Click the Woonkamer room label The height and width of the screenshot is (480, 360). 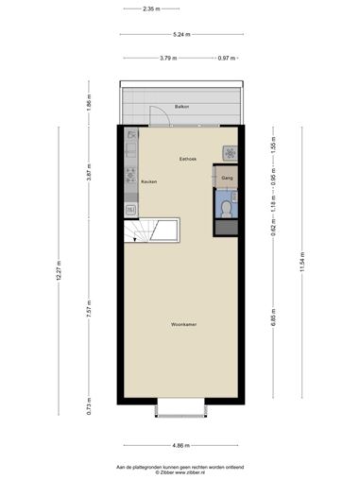184,324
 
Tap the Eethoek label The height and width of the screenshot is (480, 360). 188,159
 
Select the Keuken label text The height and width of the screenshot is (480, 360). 149,181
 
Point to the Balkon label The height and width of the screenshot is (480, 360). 181,107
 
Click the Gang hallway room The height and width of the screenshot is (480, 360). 227,178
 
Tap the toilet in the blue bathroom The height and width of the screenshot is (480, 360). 226,209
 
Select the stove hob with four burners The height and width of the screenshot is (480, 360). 131,176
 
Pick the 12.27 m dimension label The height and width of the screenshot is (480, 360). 59,270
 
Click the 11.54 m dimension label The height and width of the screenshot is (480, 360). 302,262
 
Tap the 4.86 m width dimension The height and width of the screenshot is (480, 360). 180,445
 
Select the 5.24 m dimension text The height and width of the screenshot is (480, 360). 181,34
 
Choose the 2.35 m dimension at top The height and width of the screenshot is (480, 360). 151,9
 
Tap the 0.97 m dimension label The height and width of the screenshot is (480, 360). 227,58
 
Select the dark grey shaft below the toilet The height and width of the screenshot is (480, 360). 227,227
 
